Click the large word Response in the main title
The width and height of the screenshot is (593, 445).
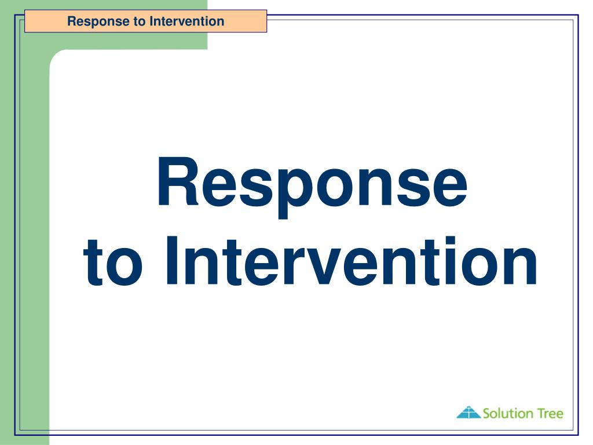pos(312,186)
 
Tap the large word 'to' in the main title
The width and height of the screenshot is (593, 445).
pos(113,262)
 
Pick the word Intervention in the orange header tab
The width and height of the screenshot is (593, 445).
pos(187,21)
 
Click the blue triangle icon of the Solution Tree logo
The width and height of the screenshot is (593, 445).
pos(468,412)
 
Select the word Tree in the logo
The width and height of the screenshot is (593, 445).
pos(551,413)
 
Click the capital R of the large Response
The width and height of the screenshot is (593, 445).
pos(178,181)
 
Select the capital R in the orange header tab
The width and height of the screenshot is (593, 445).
pos(72,21)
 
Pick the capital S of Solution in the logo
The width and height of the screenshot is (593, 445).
pos(487,413)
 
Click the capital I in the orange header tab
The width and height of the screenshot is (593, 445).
pos(151,21)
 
